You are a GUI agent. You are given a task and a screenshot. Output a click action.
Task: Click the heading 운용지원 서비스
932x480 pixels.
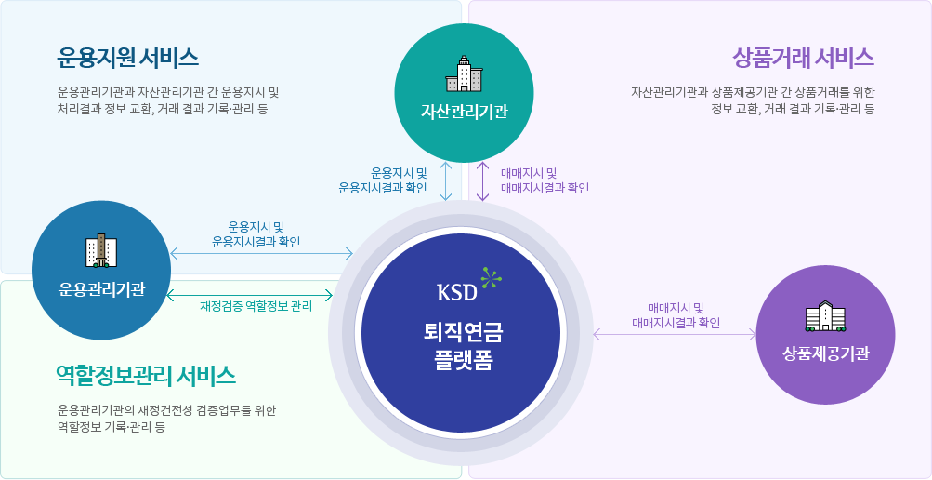coord(127,57)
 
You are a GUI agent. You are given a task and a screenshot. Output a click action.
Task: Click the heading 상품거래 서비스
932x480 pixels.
coord(803,57)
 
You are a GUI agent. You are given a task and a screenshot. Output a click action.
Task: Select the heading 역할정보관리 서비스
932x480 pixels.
coord(145,375)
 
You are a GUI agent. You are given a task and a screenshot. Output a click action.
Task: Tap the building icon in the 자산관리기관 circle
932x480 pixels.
coord(465,73)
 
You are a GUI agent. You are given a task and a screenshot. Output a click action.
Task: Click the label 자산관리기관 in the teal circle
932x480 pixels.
coord(465,113)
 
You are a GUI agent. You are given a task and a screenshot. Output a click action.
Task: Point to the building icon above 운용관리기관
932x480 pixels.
coord(101,250)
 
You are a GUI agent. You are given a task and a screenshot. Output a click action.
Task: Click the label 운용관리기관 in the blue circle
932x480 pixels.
coord(101,288)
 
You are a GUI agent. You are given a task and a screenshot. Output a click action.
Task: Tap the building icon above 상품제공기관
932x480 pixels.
coord(826,316)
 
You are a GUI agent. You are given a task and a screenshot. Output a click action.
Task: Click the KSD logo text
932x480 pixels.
coord(456,291)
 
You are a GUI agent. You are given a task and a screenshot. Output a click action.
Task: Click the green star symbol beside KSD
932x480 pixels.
coord(491,276)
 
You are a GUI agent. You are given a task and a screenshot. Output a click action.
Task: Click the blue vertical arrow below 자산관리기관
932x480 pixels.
coord(447,181)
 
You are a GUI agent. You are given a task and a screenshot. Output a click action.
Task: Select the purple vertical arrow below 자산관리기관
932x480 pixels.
coord(483,181)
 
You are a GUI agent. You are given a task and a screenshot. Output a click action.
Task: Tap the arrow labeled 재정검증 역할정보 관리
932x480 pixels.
coord(250,295)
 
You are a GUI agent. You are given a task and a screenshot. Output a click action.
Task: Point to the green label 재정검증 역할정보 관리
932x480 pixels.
coord(256,305)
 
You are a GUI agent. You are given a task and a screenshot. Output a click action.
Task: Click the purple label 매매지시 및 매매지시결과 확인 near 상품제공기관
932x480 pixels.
coord(676,315)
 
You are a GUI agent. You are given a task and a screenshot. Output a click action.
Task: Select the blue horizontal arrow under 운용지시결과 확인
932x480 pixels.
coord(261,253)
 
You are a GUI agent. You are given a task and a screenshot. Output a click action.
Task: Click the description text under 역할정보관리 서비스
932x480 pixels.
coord(166,418)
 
